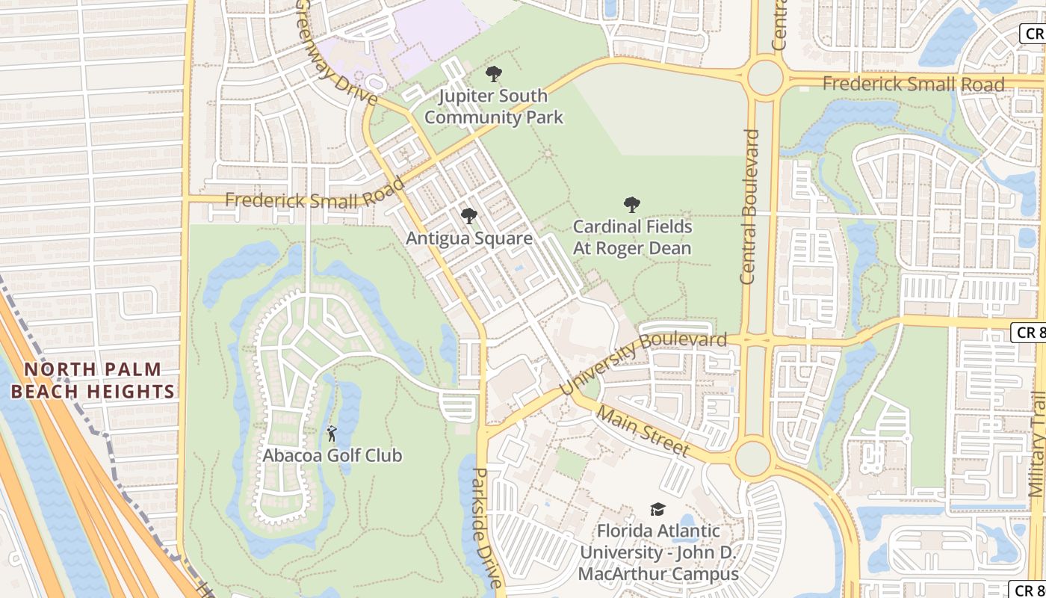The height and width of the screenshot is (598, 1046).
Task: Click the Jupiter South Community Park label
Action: click(493, 107)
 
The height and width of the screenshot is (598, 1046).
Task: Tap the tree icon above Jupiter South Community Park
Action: click(493, 74)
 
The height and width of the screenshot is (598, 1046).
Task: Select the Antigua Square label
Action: click(469, 238)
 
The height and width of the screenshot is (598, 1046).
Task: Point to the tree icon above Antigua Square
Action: click(468, 217)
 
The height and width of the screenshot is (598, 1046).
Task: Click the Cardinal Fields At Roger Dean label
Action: click(632, 237)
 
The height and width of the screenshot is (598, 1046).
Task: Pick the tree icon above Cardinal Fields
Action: click(632, 205)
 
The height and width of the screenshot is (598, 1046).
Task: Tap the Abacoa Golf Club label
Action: click(332, 455)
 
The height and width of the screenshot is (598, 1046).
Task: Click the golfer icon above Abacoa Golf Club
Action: click(332, 433)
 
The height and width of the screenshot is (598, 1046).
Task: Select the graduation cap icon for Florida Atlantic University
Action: click(657, 509)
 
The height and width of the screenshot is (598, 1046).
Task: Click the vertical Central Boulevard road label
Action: click(749, 206)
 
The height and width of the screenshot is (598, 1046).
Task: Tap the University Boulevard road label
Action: click(643, 365)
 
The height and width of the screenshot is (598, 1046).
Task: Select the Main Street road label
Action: click(643, 431)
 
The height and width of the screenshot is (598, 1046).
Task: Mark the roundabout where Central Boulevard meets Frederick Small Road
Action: click(764, 78)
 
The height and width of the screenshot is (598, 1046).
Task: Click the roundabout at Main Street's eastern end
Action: click(752, 458)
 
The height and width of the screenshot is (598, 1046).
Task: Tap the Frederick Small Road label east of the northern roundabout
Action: click(913, 84)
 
